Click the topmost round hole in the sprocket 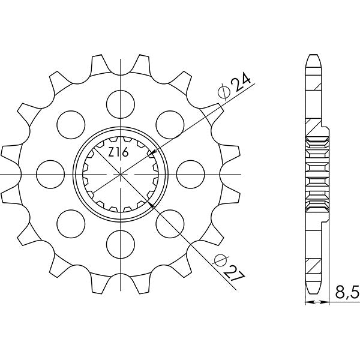(x=121, y=99)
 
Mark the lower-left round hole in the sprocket (x=70, y=223)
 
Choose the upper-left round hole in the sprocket (x=70, y=121)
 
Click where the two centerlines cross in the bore (x=121, y=172)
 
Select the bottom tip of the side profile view (x=313, y=291)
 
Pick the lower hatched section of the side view (x=314, y=264)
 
